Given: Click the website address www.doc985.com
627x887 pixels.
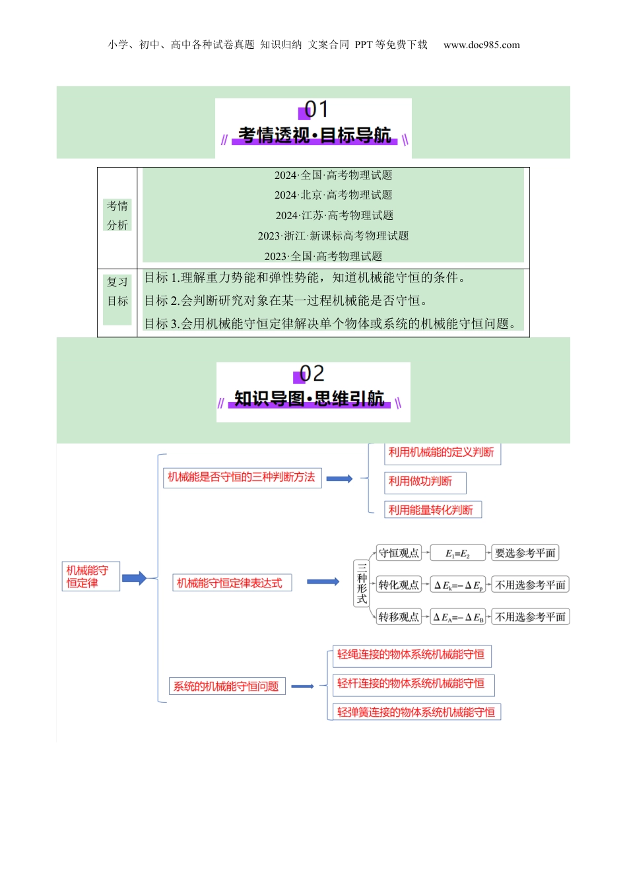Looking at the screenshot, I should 481,45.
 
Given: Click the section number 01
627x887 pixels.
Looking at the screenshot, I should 315,110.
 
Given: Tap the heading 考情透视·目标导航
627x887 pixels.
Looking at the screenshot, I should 313,135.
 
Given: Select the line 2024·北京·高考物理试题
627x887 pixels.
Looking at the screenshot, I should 333,195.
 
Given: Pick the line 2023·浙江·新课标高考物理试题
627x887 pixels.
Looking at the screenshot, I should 333,236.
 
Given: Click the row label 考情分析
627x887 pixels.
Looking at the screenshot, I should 117,215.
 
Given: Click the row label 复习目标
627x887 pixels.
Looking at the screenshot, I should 117,291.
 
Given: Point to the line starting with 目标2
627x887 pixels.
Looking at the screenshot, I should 286,301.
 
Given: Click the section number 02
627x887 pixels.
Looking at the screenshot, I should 312,374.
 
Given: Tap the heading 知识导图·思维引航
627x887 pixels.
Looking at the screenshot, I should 309,399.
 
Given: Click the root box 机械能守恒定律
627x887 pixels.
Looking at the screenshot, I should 91,576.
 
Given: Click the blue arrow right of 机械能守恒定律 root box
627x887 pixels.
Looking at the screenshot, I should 134,578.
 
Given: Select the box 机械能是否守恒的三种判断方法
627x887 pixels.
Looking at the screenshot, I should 242,477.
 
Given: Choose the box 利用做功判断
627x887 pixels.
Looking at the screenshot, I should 424,482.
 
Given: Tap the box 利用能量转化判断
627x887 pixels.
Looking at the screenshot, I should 432,509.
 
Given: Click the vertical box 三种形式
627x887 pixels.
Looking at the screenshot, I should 362,583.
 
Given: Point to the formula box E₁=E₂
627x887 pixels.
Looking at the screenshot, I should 457,554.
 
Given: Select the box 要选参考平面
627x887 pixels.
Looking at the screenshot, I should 525,553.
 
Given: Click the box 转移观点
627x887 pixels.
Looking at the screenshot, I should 399,617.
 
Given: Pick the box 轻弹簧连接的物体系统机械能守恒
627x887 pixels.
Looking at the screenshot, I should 416,712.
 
